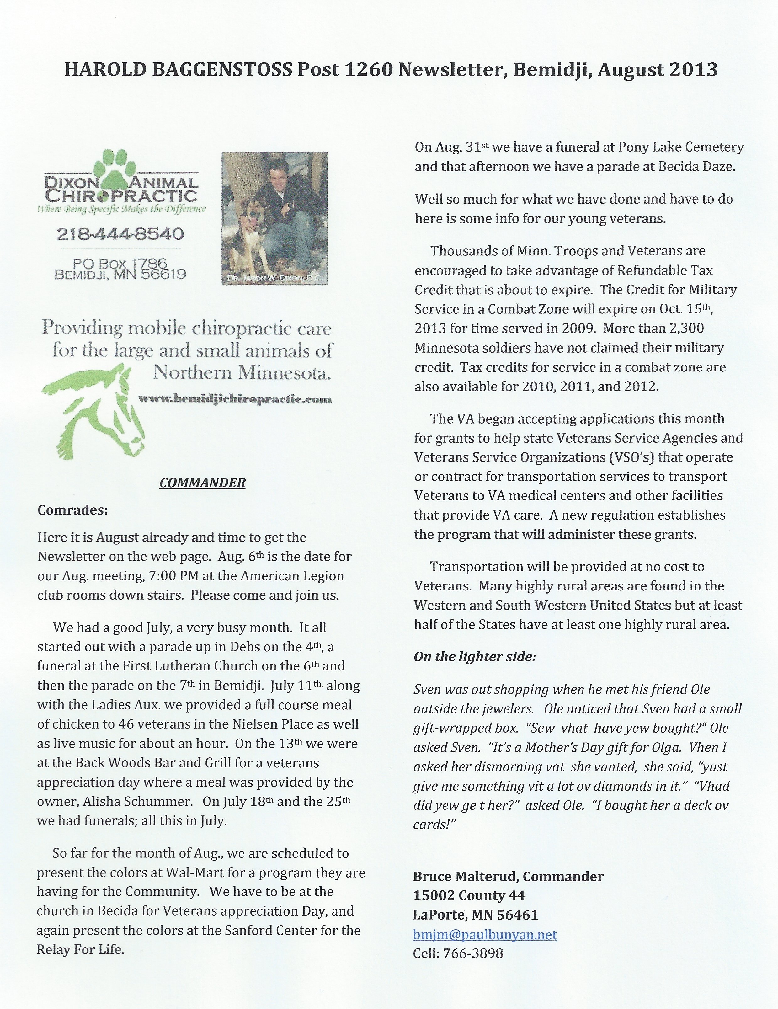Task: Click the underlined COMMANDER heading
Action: (202, 483)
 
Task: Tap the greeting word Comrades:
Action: (72, 510)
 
